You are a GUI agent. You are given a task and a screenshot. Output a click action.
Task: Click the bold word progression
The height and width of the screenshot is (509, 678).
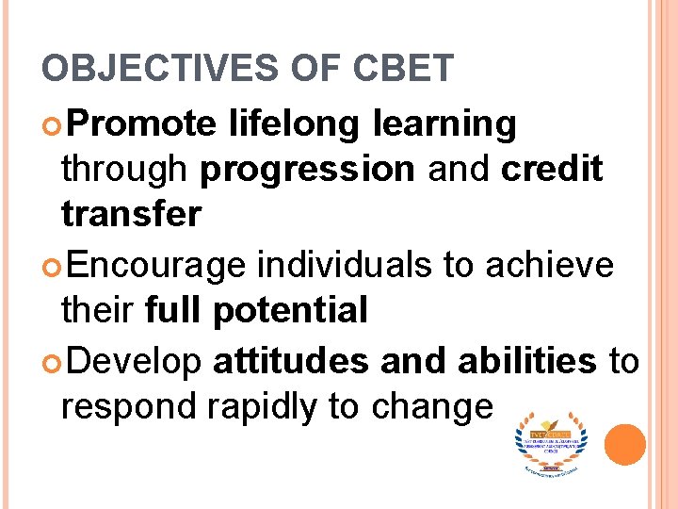pos(308,169)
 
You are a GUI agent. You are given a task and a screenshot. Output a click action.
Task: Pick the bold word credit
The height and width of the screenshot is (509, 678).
pos(552,169)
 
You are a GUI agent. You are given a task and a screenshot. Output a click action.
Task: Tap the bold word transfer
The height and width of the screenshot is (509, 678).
pos(131,214)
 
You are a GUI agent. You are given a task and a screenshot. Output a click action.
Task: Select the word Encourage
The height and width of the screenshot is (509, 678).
pos(156,265)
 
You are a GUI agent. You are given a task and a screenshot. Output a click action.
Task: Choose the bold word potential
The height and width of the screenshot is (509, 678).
pos(290,310)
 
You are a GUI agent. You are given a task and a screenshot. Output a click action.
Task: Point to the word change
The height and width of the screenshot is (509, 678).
pos(432,406)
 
